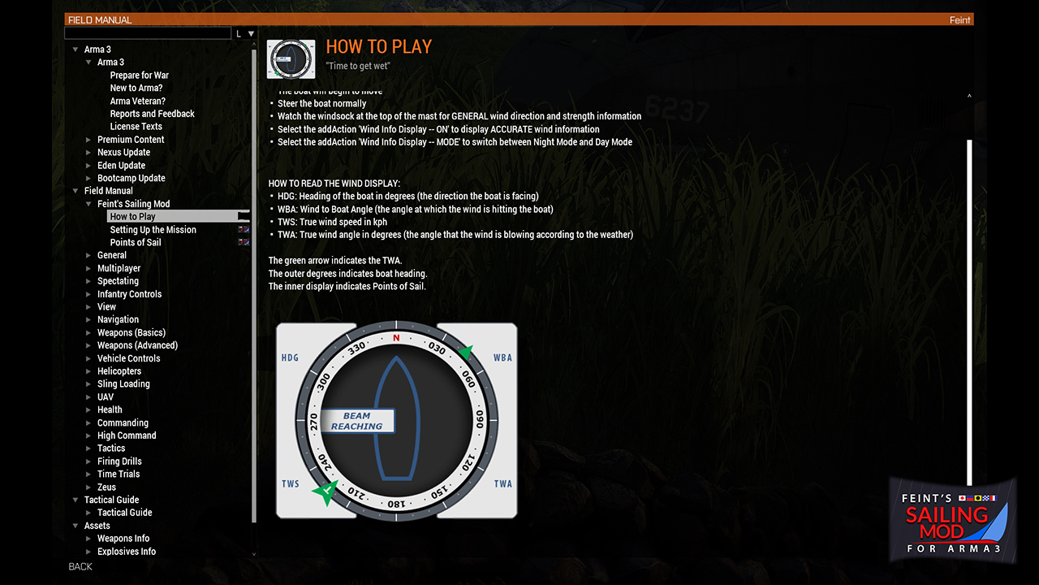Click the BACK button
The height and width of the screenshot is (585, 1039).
[x=80, y=566]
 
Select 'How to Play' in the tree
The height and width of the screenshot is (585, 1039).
[x=133, y=217]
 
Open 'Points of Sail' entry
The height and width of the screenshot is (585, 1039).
[x=136, y=242]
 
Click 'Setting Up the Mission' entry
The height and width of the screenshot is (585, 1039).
[x=153, y=230]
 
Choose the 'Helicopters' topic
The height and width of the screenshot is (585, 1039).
[x=119, y=371]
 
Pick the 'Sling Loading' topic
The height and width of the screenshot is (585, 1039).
[x=123, y=384]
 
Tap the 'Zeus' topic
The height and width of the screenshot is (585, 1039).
[x=106, y=487]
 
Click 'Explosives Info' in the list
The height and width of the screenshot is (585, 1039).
[x=127, y=552]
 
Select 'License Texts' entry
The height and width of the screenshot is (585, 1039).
[x=136, y=127]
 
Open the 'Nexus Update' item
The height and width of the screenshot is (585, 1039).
[x=123, y=153]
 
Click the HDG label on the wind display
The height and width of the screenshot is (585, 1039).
[x=290, y=357]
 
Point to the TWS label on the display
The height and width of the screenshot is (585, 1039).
[x=290, y=484]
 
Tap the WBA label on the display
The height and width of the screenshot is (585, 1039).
[x=502, y=357]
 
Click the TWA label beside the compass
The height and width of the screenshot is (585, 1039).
[x=503, y=484]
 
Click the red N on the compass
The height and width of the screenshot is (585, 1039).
[x=396, y=338]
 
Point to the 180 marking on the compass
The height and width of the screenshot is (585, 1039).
[x=396, y=504]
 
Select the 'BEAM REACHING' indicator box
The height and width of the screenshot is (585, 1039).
[x=357, y=421]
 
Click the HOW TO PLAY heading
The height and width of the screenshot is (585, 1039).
[x=378, y=47]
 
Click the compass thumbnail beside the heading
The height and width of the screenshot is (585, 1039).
[x=291, y=59]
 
